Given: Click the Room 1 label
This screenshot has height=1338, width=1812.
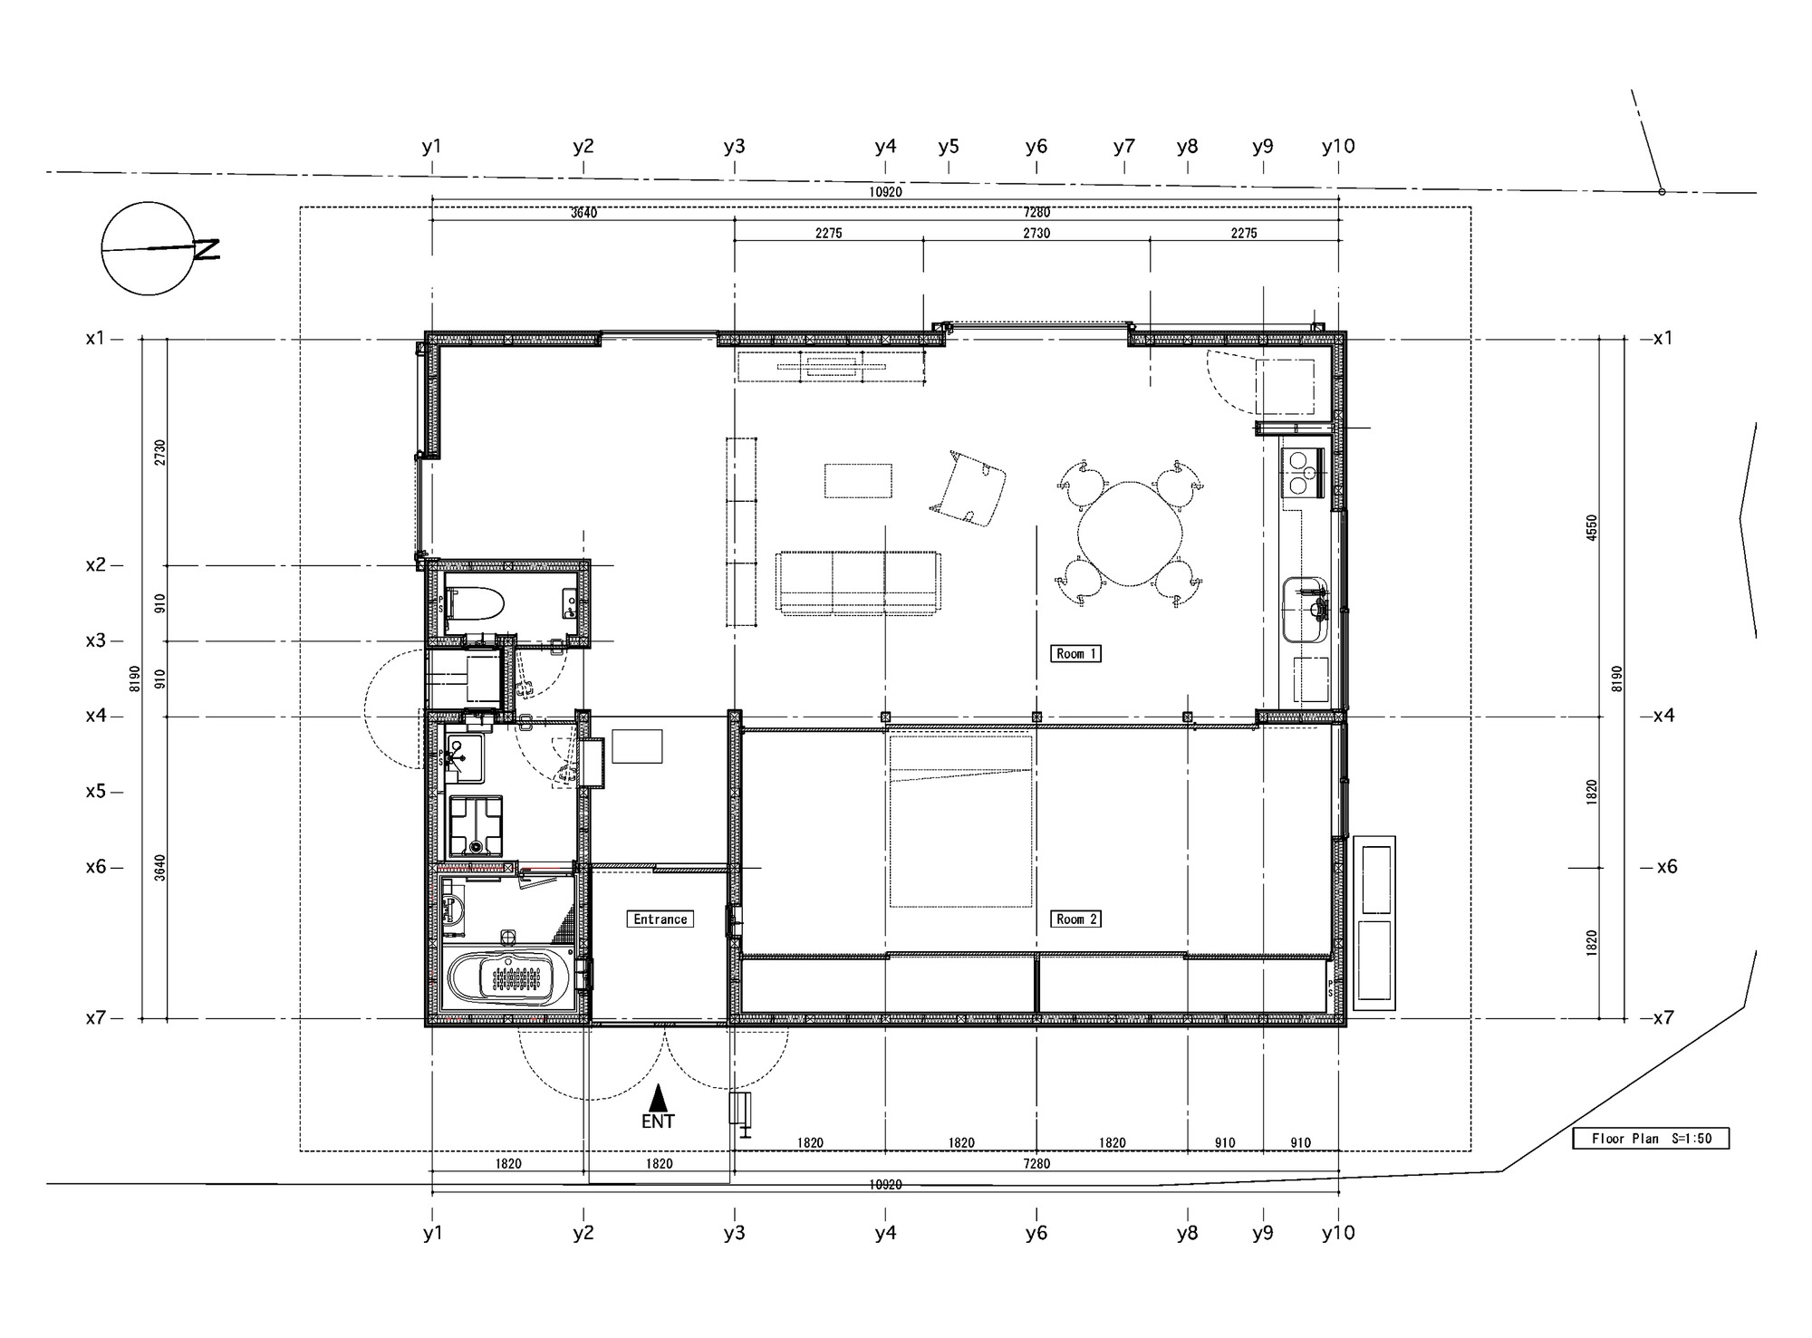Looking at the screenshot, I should (1075, 653).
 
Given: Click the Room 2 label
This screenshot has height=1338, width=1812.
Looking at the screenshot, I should (1075, 919).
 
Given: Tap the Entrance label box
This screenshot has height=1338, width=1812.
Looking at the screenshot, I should (660, 919).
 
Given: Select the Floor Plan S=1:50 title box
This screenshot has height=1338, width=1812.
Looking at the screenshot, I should (1651, 1139).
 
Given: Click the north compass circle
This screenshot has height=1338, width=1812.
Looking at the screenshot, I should (149, 248).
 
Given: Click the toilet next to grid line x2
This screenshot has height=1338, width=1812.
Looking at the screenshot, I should (476, 602).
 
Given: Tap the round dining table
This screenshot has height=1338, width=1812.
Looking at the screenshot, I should (1130, 533).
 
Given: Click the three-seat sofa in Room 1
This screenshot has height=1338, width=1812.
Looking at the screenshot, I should (858, 582).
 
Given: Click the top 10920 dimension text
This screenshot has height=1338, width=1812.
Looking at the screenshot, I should (885, 192).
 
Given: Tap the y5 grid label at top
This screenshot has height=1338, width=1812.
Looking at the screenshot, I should (948, 146).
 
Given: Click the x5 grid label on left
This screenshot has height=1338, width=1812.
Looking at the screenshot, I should (96, 791).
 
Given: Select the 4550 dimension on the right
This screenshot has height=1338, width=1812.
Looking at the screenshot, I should (1592, 527).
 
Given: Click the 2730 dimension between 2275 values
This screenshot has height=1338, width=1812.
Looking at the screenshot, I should (1036, 233).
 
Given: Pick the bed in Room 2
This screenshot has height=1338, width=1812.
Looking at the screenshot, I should (960, 821).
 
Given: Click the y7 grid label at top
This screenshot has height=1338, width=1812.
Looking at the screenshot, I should (1123, 146).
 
